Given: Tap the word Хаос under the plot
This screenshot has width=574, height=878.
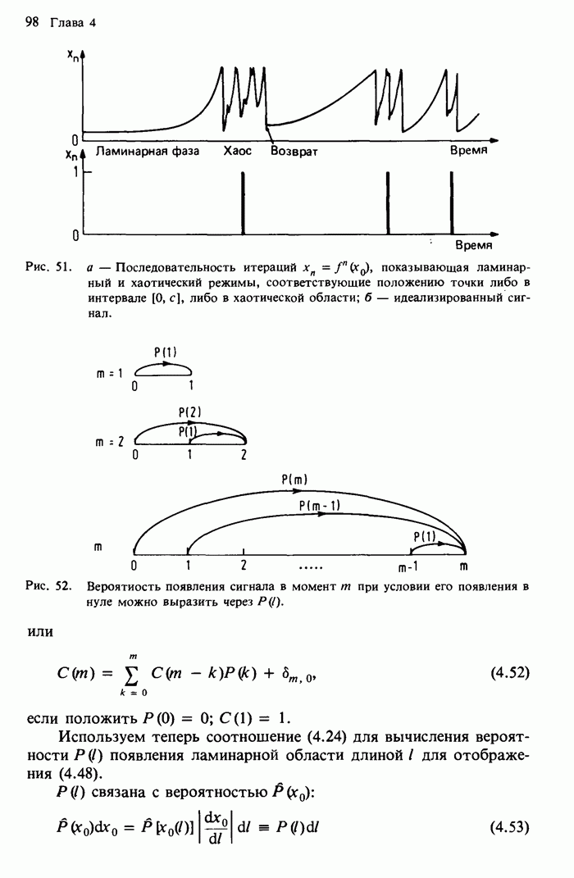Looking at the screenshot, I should (x=238, y=152).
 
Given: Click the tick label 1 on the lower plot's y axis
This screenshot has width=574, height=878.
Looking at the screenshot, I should (x=75, y=173).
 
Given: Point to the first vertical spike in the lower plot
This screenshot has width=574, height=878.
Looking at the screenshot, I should (x=244, y=203).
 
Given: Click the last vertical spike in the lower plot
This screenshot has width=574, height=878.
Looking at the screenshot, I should (x=452, y=203).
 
